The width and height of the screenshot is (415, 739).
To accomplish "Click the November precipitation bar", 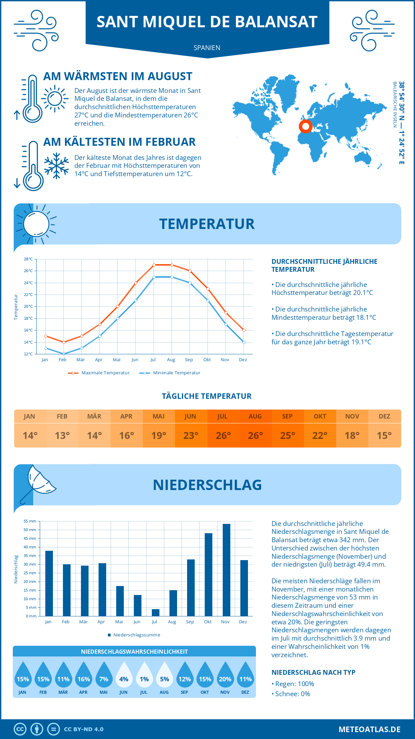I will click(x=226, y=570).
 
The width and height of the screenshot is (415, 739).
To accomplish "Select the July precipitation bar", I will click(x=156, y=612).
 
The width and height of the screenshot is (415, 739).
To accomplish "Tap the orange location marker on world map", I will click(x=306, y=126).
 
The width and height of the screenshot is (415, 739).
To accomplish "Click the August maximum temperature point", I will click(x=172, y=265).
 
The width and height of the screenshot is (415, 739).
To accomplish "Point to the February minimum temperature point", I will click(x=64, y=354).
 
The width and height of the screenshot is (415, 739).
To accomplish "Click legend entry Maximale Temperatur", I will click(x=99, y=373).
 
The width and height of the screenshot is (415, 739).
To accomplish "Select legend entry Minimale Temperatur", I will click(x=170, y=373).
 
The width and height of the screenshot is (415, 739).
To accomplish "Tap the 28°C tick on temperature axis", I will click(x=28, y=259).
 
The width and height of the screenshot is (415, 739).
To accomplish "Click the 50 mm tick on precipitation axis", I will click(x=30, y=530).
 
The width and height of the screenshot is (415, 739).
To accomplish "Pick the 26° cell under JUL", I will click(x=223, y=435).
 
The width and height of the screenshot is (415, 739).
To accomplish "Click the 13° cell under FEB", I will click(x=62, y=435).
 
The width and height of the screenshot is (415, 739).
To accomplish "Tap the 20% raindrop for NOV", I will click(x=225, y=675).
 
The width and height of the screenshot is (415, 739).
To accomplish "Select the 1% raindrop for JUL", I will click(x=144, y=675).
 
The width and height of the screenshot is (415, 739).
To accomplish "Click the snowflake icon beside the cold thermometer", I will click(x=56, y=166).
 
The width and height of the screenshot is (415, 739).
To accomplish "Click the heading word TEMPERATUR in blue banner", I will click(x=207, y=224).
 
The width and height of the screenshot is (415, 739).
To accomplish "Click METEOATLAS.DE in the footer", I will click(x=369, y=729).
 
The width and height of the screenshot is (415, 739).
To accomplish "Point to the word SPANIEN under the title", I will click(x=207, y=48).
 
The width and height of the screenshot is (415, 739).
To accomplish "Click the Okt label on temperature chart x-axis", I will click(x=207, y=360).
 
